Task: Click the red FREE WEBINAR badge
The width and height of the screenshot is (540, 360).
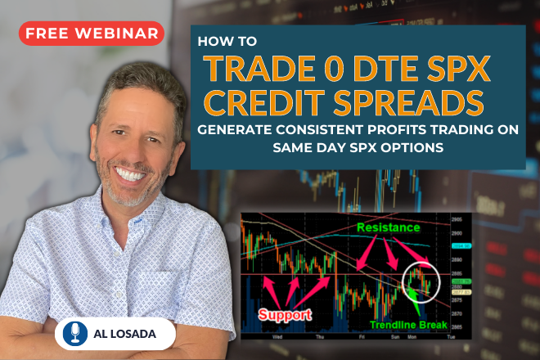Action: [x=90, y=34]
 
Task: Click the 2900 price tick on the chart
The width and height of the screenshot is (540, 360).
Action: [x=459, y=232]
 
